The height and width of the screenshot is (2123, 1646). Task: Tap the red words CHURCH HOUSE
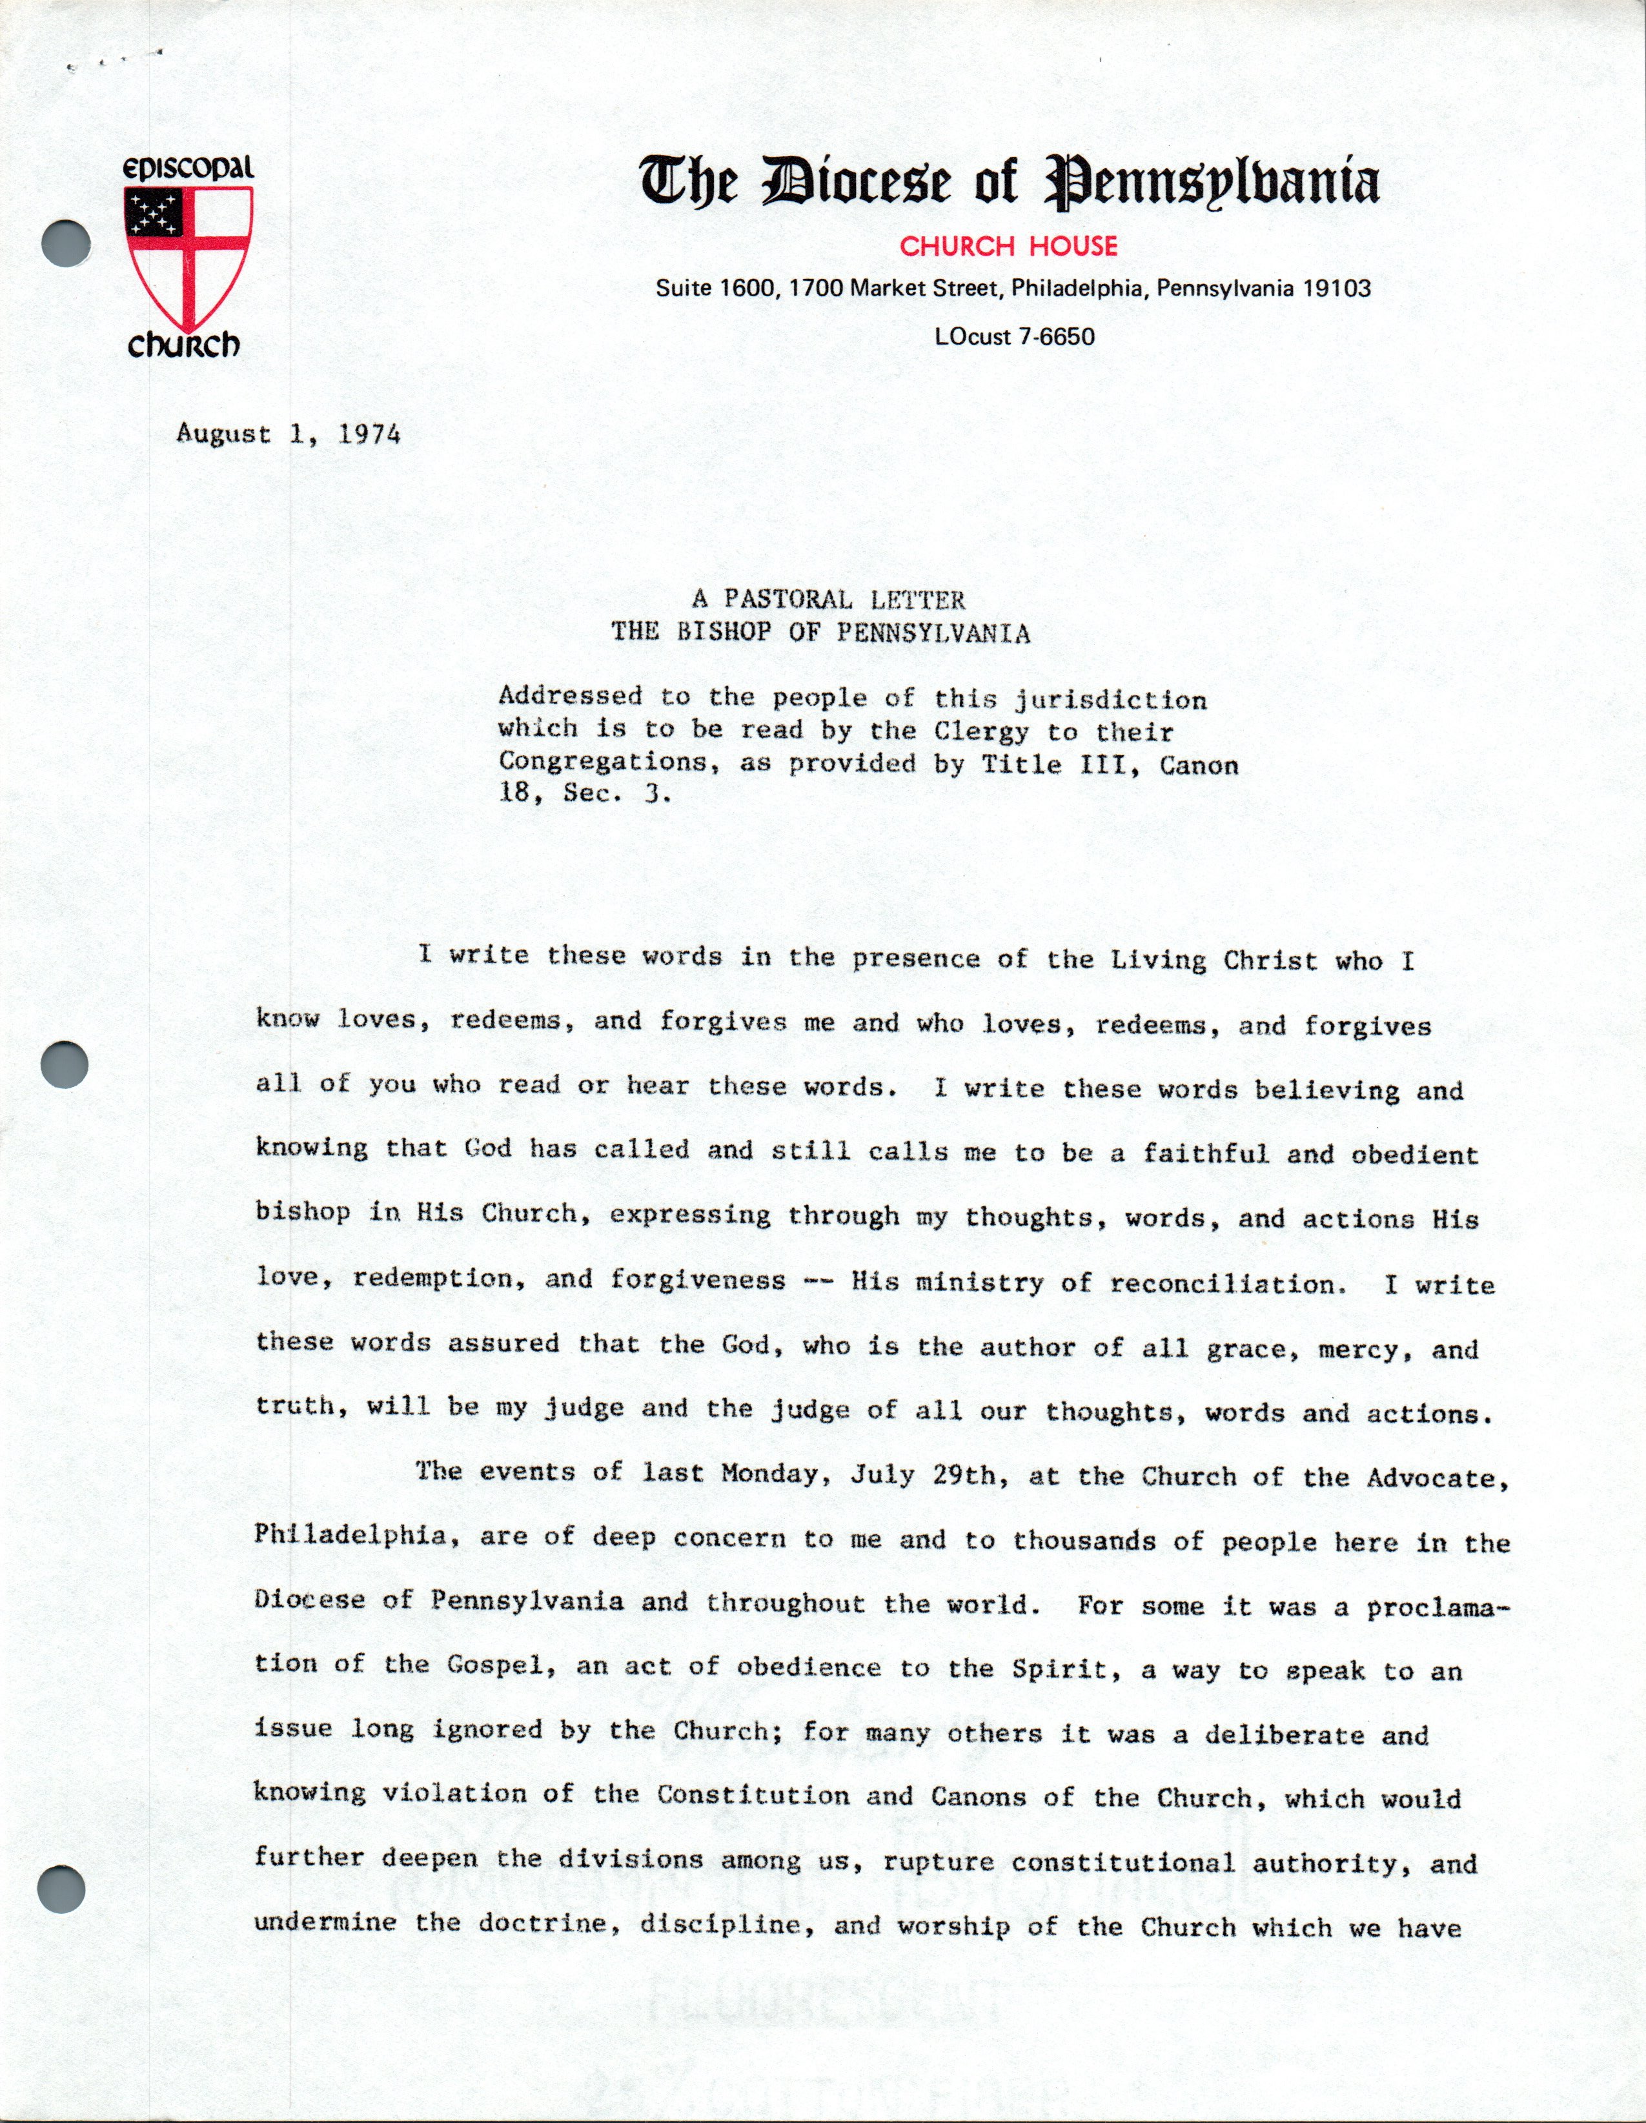[1008, 247]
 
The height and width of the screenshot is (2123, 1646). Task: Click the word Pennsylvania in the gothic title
[1212, 183]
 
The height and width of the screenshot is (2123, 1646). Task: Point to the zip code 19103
[1336, 289]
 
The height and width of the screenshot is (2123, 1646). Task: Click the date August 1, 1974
[289, 434]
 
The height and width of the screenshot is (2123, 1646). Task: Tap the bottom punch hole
[61, 1891]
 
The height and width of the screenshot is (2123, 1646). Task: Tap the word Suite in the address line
[684, 289]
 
